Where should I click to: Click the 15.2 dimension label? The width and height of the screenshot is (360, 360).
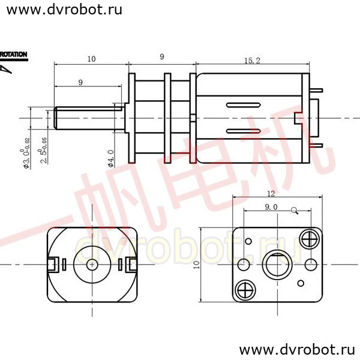pyautogui.click(x=252, y=60)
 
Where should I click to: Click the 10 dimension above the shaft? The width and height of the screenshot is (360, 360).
pyautogui.click(x=91, y=59)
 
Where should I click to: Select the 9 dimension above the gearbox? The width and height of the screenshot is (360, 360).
pyautogui.click(x=162, y=57)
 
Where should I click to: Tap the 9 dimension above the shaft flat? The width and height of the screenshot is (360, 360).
pyautogui.click(x=81, y=82)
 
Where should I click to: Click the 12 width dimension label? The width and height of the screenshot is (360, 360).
pyautogui.click(x=271, y=194)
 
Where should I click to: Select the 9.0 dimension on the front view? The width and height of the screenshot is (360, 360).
pyautogui.click(x=271, y=207)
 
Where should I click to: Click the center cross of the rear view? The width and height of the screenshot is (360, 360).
pyautogui.click(x=91, y=264)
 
